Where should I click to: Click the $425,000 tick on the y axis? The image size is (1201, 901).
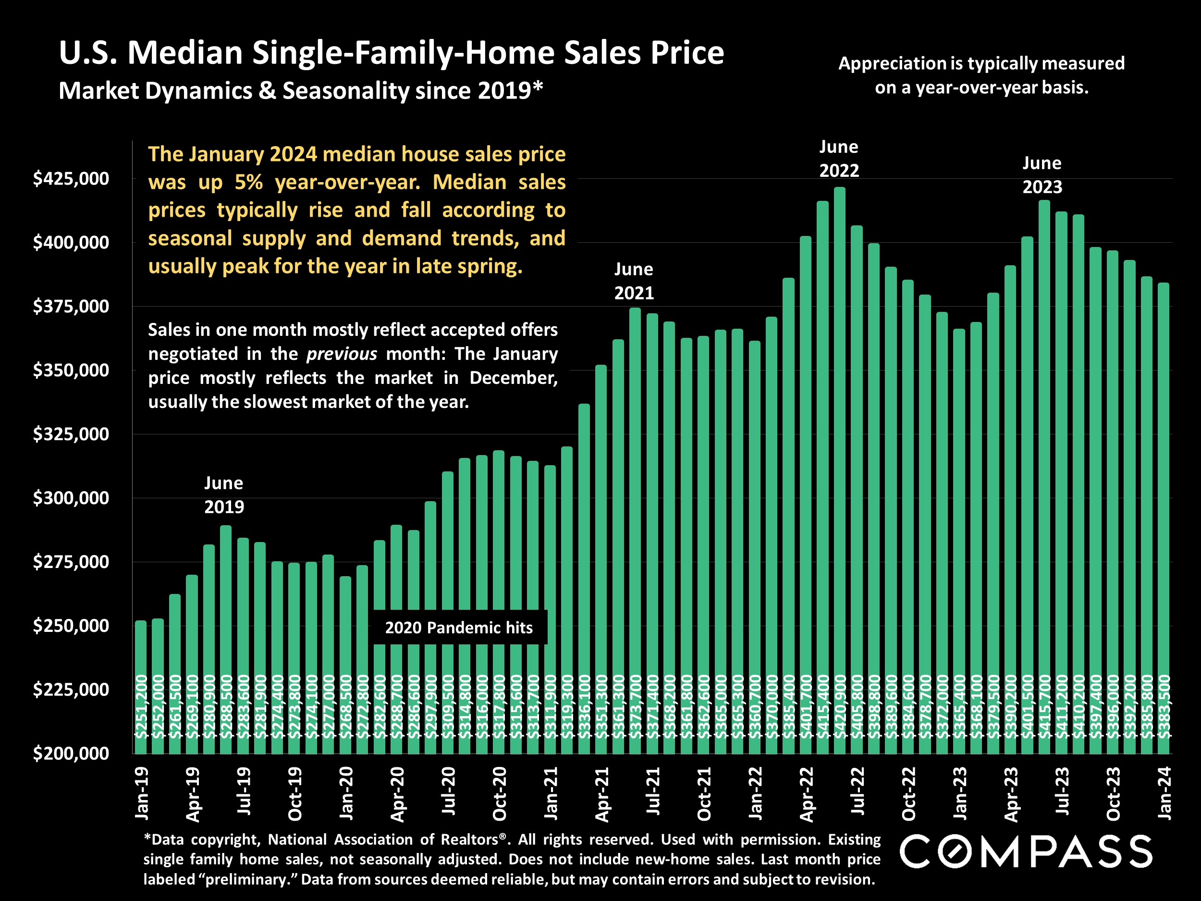click(x=71, y=179)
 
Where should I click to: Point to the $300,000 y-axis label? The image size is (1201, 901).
click(x=71, y=498)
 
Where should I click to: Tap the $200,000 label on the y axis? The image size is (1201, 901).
click(x=71, y=754)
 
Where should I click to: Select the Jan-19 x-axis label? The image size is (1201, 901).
click(x=142, y=793)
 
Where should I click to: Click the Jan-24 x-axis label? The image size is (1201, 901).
click(x=1164, y=793)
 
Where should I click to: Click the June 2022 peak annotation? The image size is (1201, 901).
click(x=839, y=159)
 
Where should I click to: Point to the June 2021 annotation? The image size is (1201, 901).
click(x=634, y=281)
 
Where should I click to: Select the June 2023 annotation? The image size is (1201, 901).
click(x=1042, y=175)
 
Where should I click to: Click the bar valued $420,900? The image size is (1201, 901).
click(x=839, y=434)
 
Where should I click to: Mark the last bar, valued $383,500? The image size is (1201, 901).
click(x=1164, y=489)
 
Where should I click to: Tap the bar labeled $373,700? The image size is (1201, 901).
click(x=635, y=489)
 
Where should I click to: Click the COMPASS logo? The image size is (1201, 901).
click(x=1026, y=852)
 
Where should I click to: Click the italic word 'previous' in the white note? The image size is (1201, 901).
click(x=342, y=354)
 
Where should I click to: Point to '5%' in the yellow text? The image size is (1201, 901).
click(x=249, y=183)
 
